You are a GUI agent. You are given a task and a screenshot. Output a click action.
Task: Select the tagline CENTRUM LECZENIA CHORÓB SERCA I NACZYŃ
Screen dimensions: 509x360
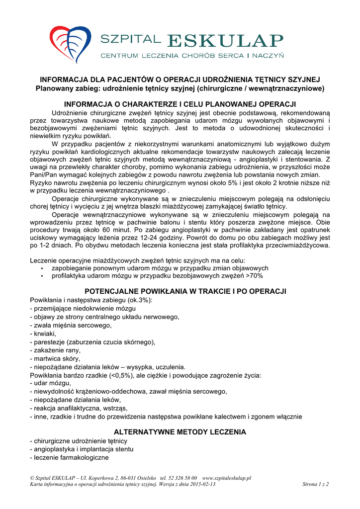(192, 56)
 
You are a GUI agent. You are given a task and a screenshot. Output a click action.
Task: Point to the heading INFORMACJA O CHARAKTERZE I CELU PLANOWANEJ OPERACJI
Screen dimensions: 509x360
(180, 104)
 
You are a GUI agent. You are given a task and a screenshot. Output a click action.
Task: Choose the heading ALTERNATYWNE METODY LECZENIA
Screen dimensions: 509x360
(180, 432)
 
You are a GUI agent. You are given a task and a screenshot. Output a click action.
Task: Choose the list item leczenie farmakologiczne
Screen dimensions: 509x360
(69, 457)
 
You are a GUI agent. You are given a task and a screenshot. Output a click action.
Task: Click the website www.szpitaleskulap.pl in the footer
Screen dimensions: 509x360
(227, 478)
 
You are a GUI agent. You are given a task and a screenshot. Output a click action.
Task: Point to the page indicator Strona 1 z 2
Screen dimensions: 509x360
(315, 484)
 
